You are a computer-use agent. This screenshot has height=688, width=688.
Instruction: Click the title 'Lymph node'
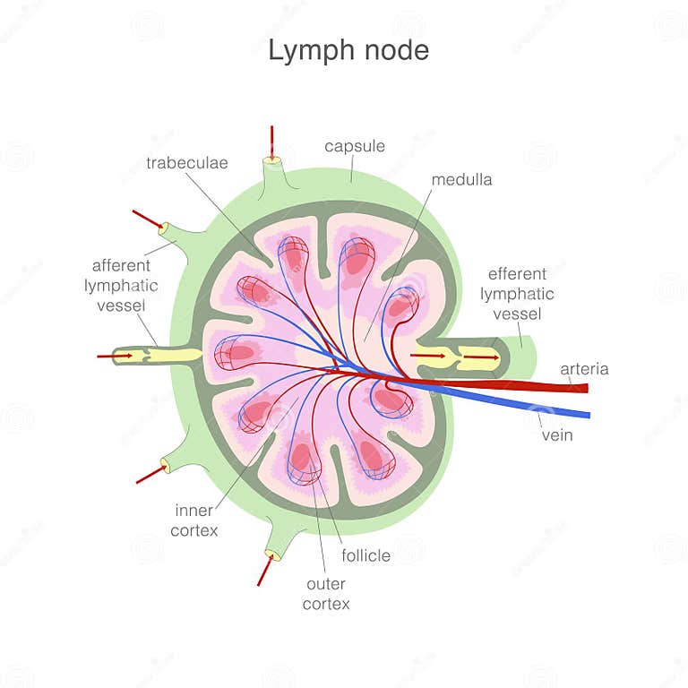(348, 51)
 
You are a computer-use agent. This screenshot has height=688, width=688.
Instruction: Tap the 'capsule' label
(355, 146)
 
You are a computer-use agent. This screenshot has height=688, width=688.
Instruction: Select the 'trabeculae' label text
(187, 163)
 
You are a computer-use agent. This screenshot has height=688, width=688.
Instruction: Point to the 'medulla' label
(461, 180)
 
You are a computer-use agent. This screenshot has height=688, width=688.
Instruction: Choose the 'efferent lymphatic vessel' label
(517, 294)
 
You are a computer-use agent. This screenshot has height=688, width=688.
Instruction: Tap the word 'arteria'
(584, 369)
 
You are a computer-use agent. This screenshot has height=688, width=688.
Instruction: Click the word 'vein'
(557, 435)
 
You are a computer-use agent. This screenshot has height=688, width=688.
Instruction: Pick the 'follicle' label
(365, 555)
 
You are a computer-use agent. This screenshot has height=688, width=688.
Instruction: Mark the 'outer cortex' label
(326, 593)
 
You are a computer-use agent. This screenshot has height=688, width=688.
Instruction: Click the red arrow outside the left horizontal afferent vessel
(115, 356)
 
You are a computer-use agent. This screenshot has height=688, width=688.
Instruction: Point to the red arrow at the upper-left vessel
(147, 219)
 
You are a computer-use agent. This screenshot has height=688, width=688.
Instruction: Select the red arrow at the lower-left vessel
(150, 474)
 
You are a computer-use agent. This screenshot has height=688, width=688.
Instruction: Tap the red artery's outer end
(584, 388)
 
